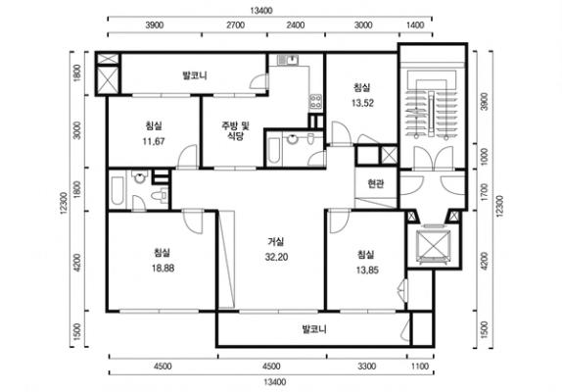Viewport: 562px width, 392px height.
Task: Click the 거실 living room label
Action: click(276, 242)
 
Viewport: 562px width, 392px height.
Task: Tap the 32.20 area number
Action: click(276, 257)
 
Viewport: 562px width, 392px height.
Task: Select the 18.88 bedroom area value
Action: click(164, 268)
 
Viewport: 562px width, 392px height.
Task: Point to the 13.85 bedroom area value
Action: click(367, 270)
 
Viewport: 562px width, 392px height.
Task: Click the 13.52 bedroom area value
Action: click(362, 103)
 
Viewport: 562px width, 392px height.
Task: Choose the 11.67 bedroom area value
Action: click(154, 141)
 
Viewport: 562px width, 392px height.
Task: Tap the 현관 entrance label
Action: click(376, 184)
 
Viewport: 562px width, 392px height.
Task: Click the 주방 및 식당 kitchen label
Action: click(235, 130)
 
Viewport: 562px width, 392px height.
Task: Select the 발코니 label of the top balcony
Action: click(195, 75)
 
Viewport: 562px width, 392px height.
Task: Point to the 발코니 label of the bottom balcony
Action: click(314, 329)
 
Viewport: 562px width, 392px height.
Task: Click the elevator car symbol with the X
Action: click(434, 246)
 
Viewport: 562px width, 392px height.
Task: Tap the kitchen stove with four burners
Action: click(316, 101)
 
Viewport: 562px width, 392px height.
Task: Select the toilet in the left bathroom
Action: click(159, 195)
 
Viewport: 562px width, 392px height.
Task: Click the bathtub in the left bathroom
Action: click(117, 189)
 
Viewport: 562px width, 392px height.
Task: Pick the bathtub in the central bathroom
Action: click(274, 150)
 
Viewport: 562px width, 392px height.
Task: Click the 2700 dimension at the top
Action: click(236, 25)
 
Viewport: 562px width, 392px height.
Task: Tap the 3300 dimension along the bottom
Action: click(367, 367)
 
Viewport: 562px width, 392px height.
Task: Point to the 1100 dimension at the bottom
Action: click(420, 367)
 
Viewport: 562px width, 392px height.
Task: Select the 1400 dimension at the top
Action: click(416, 25)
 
